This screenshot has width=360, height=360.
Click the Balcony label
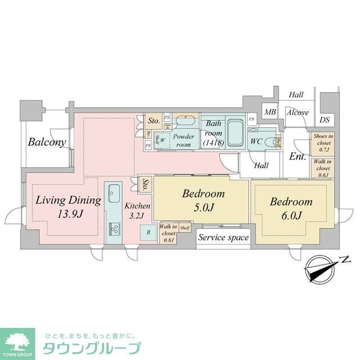[x=48, y=142]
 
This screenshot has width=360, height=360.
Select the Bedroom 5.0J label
[x=203, y=200]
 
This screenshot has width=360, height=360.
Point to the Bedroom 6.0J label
[x=290, y=208]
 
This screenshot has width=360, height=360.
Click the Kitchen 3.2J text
[x=137, y=210]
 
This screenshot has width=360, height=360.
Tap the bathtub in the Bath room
[x=235, y=136]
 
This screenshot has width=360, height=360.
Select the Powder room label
[x=183, y=140]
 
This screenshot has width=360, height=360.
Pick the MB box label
[x=269, y=112]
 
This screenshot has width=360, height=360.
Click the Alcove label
[x=297, y=112]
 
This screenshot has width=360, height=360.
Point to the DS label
[x=325, y=120]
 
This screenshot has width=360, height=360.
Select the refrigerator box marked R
[x=148, y=231]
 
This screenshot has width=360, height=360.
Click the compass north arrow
[x=319, y=267]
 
